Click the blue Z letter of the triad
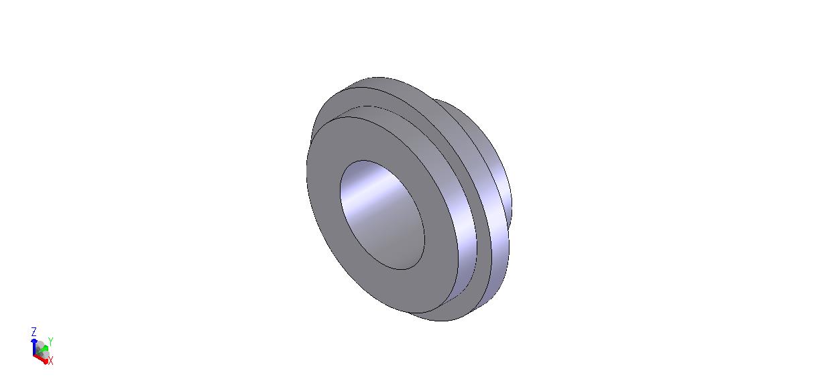point(34,331)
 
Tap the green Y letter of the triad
point(51,341)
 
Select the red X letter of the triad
point(51,360)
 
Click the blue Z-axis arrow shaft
point(34,347)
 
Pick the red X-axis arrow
point(40,359)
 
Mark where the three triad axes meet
point(35,355)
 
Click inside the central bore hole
point(383,215)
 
